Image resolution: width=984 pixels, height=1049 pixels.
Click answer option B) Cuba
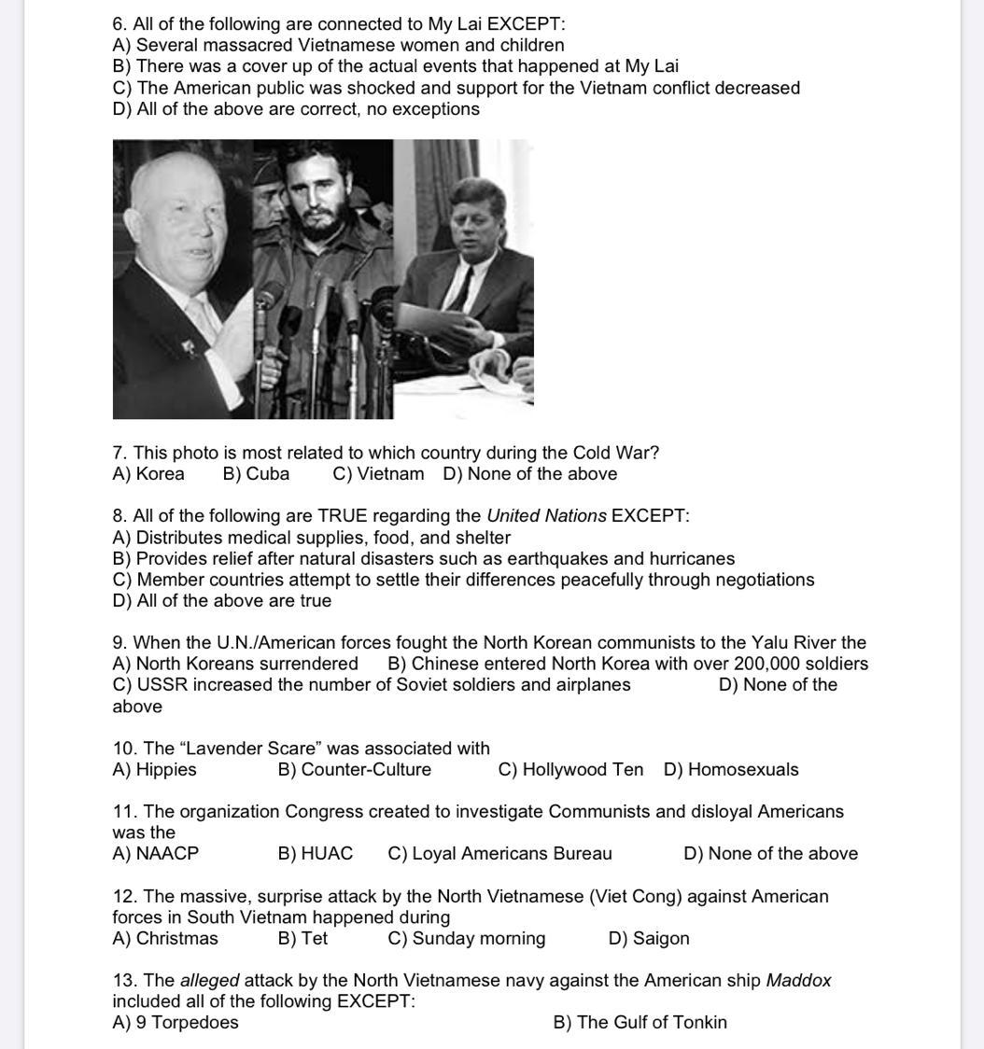[256, 474]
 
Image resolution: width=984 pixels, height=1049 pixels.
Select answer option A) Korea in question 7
[148, 474]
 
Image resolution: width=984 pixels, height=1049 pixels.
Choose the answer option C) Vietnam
[378, 474]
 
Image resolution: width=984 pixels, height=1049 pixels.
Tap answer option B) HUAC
[316, 854]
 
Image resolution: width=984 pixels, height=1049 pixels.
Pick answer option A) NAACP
[156, 854]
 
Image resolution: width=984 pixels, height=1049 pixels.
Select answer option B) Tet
[302, 939]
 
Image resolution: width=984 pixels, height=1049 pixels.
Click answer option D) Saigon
[649, 939]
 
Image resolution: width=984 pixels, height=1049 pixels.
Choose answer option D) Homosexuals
[731, 770]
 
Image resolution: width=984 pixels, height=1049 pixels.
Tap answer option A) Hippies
[155, 770]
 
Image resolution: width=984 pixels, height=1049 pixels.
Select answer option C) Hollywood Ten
[570, 770]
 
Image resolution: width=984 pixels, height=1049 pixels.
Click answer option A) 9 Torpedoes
[176, 1023]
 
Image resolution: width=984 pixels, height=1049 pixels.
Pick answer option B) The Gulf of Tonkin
[640, 1023]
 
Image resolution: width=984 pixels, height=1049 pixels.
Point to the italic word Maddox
[798, 981]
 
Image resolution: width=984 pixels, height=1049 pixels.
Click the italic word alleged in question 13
[209, 981]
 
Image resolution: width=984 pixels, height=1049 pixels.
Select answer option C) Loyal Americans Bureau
[500, 854]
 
